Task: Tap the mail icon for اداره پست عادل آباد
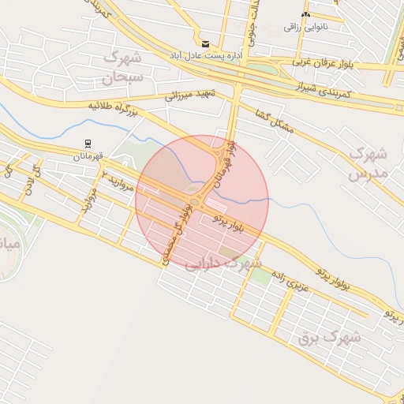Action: point(205,44)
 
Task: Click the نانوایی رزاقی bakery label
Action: point(305,26)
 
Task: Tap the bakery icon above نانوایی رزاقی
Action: point(305,14)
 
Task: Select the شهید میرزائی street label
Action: point(190,95)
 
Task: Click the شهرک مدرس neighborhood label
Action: point(368,162)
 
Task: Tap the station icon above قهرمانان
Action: point(88,144)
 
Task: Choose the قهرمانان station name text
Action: point(88,156)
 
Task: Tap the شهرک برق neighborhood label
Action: point(329,337)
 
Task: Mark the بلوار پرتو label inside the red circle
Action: point(230,223)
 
